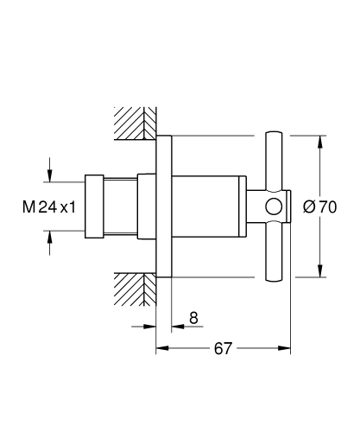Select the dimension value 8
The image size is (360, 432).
(193, 318)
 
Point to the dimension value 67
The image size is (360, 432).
(223, 348)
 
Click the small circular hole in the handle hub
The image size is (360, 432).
(274, 207)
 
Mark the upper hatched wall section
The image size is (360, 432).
(135, 123)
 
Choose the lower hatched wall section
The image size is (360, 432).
(135, 287)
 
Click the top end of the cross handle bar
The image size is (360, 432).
(274, 138)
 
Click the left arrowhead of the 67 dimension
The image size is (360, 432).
(161, 349)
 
